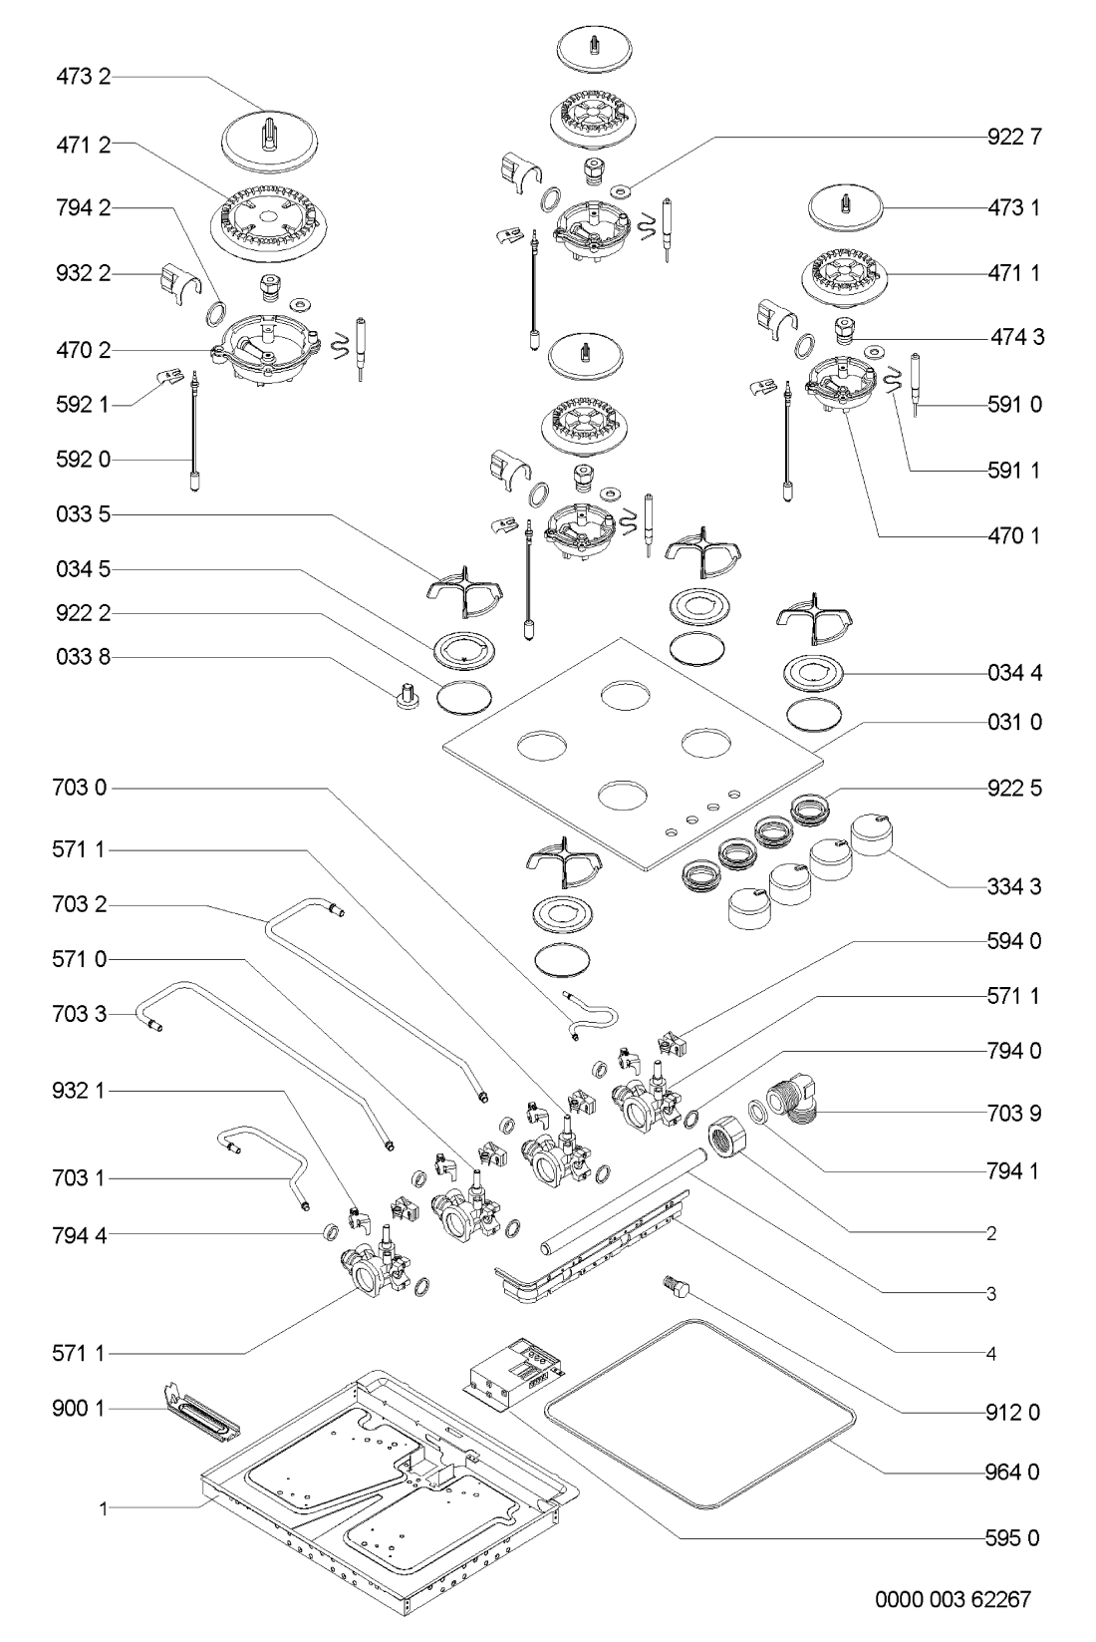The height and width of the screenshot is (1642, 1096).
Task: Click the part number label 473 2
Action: [x=82, y=76]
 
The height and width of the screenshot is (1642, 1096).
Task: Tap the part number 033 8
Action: [x=82, y=657]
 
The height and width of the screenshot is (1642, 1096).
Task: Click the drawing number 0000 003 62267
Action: [x=954, y=1600]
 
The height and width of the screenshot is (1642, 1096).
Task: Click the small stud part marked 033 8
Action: [x=406, y=695]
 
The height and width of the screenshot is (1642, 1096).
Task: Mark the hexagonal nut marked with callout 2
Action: [x=728, y=1139]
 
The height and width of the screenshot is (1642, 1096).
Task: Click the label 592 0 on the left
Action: [x=82, y=460]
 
